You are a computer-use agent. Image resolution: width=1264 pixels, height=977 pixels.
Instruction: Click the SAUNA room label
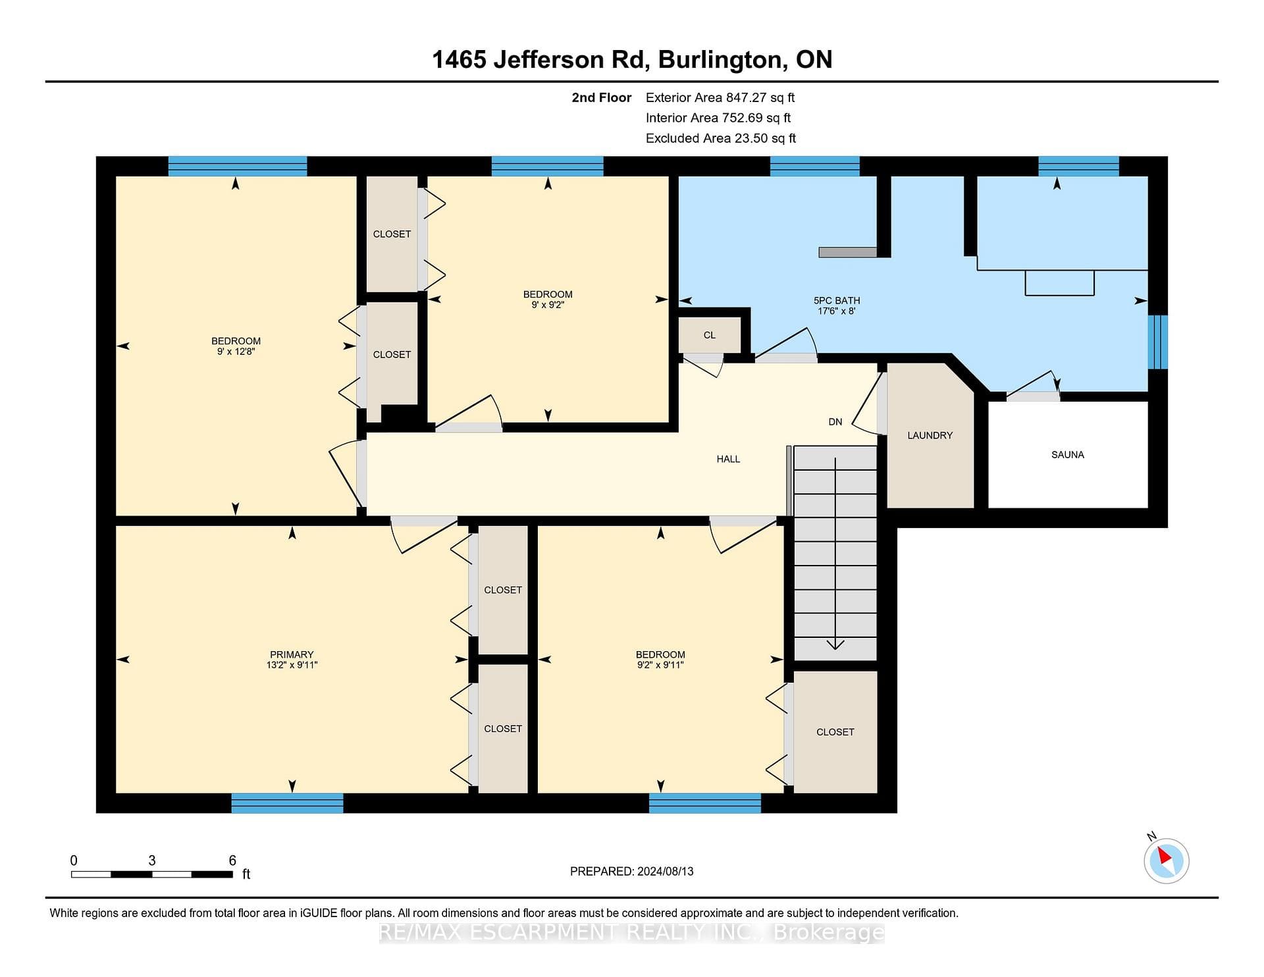point(1067,454)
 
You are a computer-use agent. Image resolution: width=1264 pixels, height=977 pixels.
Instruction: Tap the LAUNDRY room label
point(930,435)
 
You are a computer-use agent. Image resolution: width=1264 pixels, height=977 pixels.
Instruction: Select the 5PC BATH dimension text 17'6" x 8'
point(836,311)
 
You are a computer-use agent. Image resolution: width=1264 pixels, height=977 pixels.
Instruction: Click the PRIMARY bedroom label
point(292,654)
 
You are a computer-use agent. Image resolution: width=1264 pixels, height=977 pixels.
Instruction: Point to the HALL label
point(728,459)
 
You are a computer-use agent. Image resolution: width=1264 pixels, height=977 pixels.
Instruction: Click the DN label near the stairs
point(835,422)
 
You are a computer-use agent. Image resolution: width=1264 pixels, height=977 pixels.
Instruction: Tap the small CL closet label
point(709,335)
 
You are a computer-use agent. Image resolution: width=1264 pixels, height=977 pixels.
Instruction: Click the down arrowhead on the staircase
point(835,645)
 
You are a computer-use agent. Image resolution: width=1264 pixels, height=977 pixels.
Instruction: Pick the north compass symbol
point(1166,860)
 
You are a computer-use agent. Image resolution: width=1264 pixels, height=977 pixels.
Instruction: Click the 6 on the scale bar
point(232,860)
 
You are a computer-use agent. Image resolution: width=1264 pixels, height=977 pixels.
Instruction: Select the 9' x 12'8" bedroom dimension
point(236,352)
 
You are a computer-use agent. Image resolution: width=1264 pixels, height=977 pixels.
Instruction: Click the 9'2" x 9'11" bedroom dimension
point(660,665)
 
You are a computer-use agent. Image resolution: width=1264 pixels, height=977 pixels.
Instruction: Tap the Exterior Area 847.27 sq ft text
point(720,97)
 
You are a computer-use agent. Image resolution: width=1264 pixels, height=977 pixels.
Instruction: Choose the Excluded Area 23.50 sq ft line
point(721,138)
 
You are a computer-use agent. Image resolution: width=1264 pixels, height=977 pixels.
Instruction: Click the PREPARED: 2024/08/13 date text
point(632,871)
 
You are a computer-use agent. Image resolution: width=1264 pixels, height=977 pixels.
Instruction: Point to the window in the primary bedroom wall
point(287,803)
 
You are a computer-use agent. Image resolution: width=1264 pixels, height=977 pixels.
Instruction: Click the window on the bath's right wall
point(1158,342)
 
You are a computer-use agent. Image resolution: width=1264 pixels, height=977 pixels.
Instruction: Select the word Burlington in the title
point(720,60)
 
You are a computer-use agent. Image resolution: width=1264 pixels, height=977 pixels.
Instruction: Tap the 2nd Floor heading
point(601,97)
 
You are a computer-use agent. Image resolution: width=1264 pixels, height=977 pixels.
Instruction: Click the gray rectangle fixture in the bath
point(848,252)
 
